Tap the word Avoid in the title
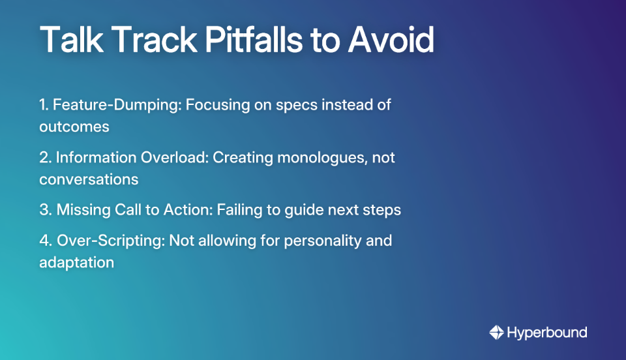pyautogui.click(x=391, y=40)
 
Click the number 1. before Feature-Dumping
pyautogui.click(x=44, y=105)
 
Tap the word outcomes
pyautogui.click(x=74, y=127)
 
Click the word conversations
pyautogui.click(x=89, y=179)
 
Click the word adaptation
pyautogui.click(x=76, y=263)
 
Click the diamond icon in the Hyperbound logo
pyautogui.click(x=496, y=333)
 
